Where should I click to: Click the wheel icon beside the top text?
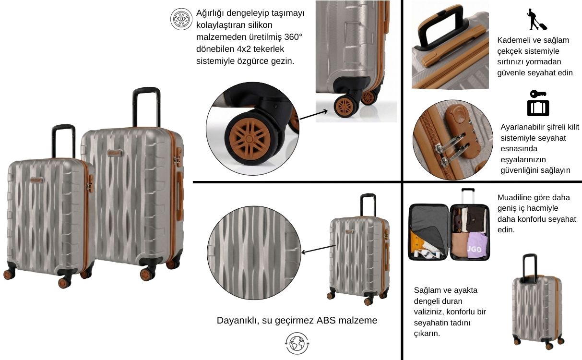point(181,19)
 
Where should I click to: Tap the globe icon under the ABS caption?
point(297,343)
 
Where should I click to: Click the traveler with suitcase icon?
point(536,20)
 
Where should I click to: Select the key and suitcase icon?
point(538,103)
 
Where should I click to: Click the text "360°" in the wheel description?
point(293,37)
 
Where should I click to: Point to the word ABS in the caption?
point(326,320)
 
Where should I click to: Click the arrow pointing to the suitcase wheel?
point(313,115)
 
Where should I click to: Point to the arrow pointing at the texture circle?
point(318,249)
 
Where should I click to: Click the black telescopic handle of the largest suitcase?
point(146,107)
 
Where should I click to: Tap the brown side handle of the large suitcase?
point(180,196)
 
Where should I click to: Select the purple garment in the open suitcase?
point(477,246)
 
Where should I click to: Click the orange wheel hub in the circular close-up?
point(249,139)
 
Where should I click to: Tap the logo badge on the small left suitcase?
point(37,180)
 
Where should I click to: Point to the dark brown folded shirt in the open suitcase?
point(476,219)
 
